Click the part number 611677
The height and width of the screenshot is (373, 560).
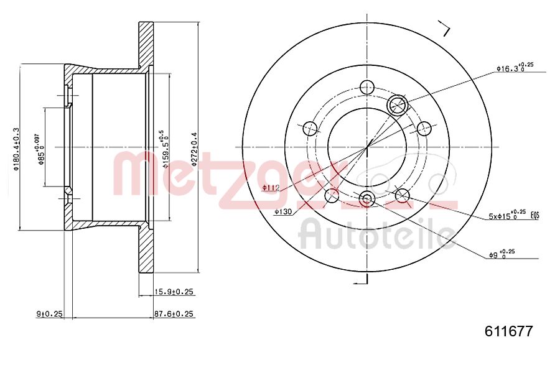tap(508, 331)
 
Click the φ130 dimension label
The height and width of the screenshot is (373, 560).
tap(282, 212)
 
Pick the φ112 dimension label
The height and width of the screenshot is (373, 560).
tap(269, 187)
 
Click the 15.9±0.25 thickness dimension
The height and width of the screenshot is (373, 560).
tap(174, 292)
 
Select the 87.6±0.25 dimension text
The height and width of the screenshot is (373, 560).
tap(174, 314)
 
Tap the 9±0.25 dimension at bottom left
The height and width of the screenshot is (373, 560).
tap(50, 314)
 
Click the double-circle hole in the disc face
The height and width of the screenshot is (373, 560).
tap(397, 105)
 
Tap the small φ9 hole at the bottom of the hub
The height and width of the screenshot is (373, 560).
tap(366, 199)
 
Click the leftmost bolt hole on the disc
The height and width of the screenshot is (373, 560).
tap(310, 129)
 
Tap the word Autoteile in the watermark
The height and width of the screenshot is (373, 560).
tap(376, 235)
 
